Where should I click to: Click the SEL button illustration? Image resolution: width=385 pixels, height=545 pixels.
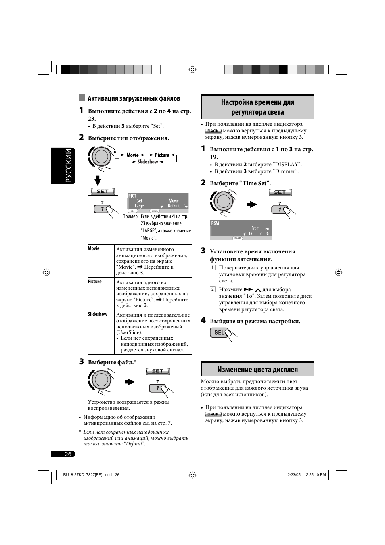219,332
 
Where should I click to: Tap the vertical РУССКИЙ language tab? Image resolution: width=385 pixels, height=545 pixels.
63,166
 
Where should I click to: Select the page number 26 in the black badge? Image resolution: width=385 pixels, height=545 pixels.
68,454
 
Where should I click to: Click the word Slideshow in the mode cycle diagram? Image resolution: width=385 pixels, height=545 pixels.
147,161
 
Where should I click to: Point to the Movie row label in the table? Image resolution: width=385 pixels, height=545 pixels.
94,248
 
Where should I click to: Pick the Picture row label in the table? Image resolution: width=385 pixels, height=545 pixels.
95,282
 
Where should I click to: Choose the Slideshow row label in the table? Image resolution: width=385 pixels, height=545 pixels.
97,314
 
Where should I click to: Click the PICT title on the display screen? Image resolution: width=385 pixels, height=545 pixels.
132,196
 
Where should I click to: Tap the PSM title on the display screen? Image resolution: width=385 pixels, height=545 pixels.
215,223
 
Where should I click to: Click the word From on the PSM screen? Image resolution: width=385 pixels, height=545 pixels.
255,228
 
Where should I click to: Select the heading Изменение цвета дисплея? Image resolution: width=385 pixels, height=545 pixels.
257,370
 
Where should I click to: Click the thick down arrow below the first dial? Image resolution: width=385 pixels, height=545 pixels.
98,180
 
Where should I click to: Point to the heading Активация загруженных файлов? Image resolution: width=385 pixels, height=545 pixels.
134,98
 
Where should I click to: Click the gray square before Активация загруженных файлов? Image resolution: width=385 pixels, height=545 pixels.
82,98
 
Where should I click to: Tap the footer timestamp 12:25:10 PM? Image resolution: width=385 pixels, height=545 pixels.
315,475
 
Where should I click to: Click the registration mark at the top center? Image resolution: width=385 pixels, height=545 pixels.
192,69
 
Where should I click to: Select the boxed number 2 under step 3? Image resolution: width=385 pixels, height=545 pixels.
212,289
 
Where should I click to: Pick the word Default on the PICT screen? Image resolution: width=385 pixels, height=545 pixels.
174,206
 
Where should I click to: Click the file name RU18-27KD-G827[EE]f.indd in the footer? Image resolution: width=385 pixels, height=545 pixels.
87,475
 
